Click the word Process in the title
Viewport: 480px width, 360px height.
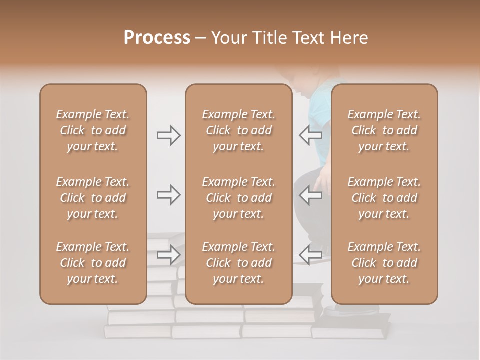tap(157, 38)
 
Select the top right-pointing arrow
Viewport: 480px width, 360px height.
tap(168, 135)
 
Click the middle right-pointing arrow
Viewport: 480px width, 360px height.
tap(168, 195)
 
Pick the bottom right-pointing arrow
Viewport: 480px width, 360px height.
tap(168, 255)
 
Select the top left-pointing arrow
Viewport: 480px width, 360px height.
tap(311, 135)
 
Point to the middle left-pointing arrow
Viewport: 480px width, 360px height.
tap(311, 195)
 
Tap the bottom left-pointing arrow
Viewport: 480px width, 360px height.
tap(311, 255)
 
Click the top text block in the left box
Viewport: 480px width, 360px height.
tap(93, 130)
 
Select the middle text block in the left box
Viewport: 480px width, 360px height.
tap(93, 198)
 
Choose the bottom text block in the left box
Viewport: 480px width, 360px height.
tap(93, 263)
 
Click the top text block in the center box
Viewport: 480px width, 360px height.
tap(238, 130)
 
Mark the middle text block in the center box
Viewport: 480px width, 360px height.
tap(238, 198)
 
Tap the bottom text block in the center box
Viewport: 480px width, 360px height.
tap(238, 263)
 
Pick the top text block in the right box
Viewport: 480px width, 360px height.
tap(384, 130)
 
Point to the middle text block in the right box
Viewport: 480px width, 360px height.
tap(384, 198)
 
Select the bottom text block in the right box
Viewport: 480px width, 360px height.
tap(384, 263)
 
